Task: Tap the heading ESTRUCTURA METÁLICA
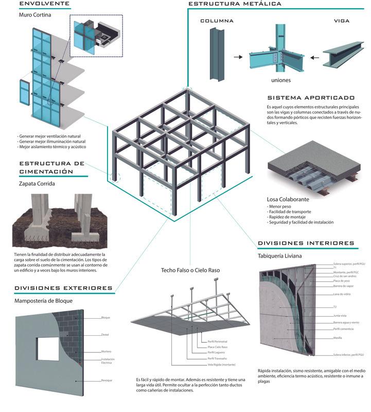(x=234, y=4)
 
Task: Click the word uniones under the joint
(x=281, y=80)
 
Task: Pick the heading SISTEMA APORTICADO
(x=311, y=97)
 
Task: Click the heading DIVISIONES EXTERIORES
(x=63, y=288)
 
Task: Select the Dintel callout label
(x=105, y=334)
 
